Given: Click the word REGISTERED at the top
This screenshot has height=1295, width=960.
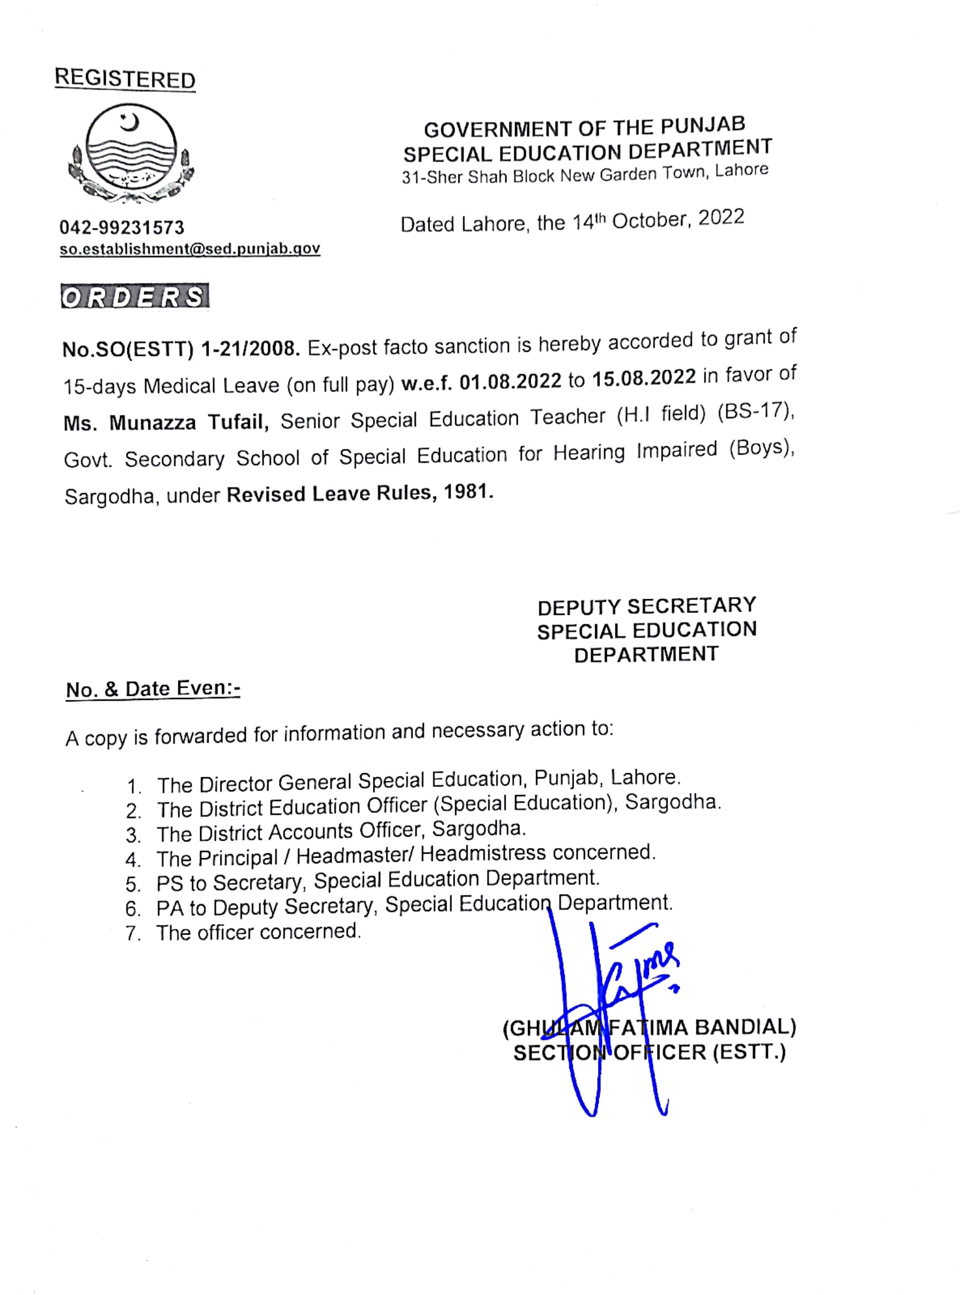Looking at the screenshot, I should coord(125,79).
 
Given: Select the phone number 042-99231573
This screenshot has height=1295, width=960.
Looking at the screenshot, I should coord(122,227).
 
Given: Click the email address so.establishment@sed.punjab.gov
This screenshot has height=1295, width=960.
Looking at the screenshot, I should coord(190,249).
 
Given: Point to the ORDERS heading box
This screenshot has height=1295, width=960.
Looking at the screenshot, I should coord(135,296).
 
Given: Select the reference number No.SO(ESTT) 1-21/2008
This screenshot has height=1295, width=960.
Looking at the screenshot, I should coord(181,349).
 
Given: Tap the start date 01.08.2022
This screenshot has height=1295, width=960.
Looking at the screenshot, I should coord(510,381).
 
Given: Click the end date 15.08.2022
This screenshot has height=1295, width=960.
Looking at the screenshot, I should coord(644,378).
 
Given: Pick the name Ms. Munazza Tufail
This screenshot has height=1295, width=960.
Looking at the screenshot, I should coord(166,422).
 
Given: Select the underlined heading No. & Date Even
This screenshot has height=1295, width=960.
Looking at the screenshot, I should coord(153,689).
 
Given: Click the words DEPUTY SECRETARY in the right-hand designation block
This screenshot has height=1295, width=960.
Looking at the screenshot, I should coord(646,606).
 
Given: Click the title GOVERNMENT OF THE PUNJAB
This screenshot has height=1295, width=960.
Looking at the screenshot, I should coord(584,127).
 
